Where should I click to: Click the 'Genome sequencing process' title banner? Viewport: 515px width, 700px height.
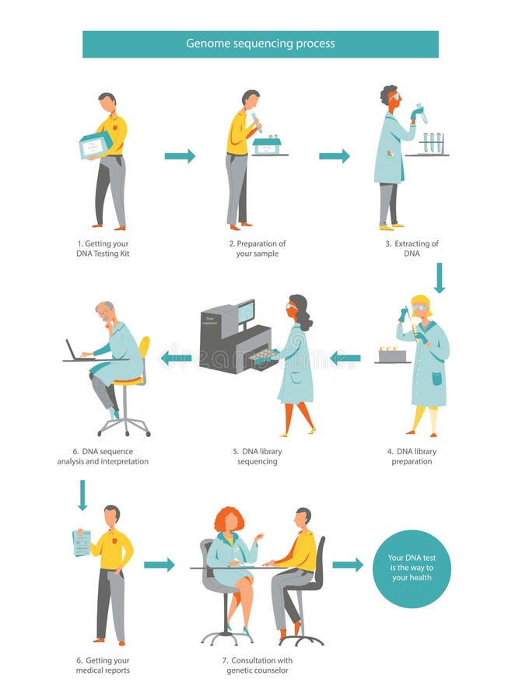coord(260,44)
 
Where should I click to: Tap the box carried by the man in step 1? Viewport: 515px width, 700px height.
coord(95,145)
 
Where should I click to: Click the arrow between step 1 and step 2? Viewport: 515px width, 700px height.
coord(180,156)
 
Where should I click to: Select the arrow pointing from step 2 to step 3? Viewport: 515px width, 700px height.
coord(334,156)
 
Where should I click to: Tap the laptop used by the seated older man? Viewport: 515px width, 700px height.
coord(75,352)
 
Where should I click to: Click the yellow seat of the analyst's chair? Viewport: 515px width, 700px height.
coord(128,380)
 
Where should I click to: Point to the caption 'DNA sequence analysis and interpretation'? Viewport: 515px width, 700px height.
coord(103,457)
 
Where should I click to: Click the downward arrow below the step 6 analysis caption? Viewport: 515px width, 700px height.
coord(82,495)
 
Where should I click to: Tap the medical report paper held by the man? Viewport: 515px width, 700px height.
coord(82,543)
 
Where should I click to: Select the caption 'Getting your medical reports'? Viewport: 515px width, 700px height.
coord(103,666)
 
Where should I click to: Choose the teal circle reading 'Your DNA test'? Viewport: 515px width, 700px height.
coord(412,569)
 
